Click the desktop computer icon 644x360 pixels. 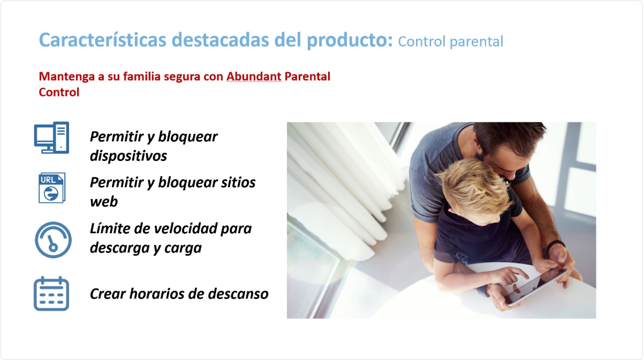pos(51,137)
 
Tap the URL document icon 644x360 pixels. pos(51,187)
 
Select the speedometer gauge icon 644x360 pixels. pos(52,240)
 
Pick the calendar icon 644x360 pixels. pos(51,293)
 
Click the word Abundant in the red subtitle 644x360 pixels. pos(254,76)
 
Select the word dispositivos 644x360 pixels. pos(128,156)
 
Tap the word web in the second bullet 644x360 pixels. pos(104,202)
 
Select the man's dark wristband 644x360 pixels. pos(555,244)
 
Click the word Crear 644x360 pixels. pos(108,294)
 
